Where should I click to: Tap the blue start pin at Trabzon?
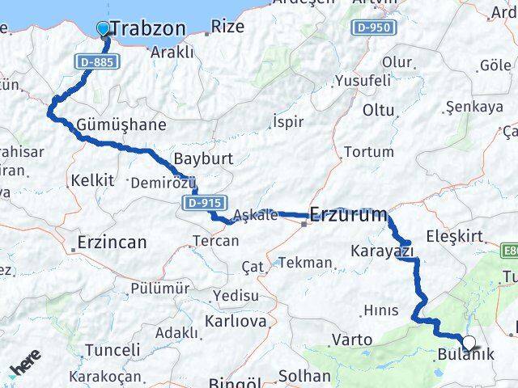(103, 29)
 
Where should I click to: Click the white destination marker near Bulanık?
(469, 342)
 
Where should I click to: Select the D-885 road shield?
(97, 61)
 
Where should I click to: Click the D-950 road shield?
(375, 28)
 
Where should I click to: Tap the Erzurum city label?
(349, 215)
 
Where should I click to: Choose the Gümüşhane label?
(122, 124)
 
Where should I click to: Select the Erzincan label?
(112, 241)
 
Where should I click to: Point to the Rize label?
(227, 27)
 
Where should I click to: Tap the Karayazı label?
(383, 251)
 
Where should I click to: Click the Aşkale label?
(255, 215)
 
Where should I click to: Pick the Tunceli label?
(113, 350)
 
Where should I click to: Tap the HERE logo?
(26, 364)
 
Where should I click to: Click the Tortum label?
(368, 151)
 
